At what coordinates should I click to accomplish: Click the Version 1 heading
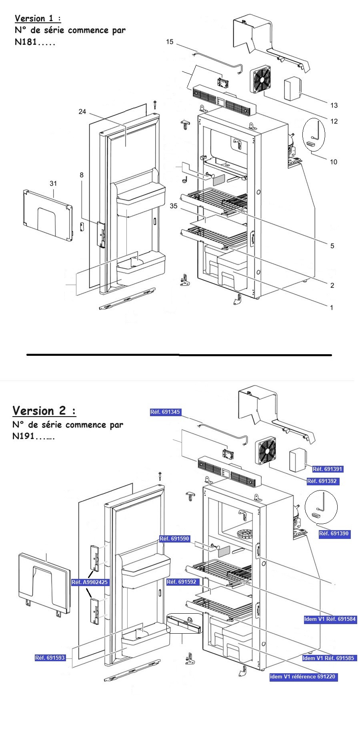(x=38, y=18)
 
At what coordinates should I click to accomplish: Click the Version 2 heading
(x=44, y=411)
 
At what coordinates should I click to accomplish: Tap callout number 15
(x=170, y=42)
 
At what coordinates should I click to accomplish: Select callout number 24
(x=82, y=112)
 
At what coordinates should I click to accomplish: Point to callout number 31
(x=53, y=184)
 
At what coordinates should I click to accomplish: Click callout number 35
(x=173, y=206)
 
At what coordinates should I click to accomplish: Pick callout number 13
(x=334, y=105)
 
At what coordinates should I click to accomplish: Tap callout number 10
(x=333, y=162)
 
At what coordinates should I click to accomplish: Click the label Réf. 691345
(x=166, y=412)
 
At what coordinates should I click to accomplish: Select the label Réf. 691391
(x=328, y=469)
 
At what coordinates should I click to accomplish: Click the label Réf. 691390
(x=334, y=533)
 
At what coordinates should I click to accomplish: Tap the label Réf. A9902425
(x=90, y=582)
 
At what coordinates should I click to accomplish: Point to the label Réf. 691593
(x=50, y=658)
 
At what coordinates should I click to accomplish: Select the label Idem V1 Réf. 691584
(x=330, y=619)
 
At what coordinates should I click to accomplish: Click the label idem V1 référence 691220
(x=303, y=677)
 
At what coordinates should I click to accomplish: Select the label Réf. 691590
(x=174, y=539)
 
